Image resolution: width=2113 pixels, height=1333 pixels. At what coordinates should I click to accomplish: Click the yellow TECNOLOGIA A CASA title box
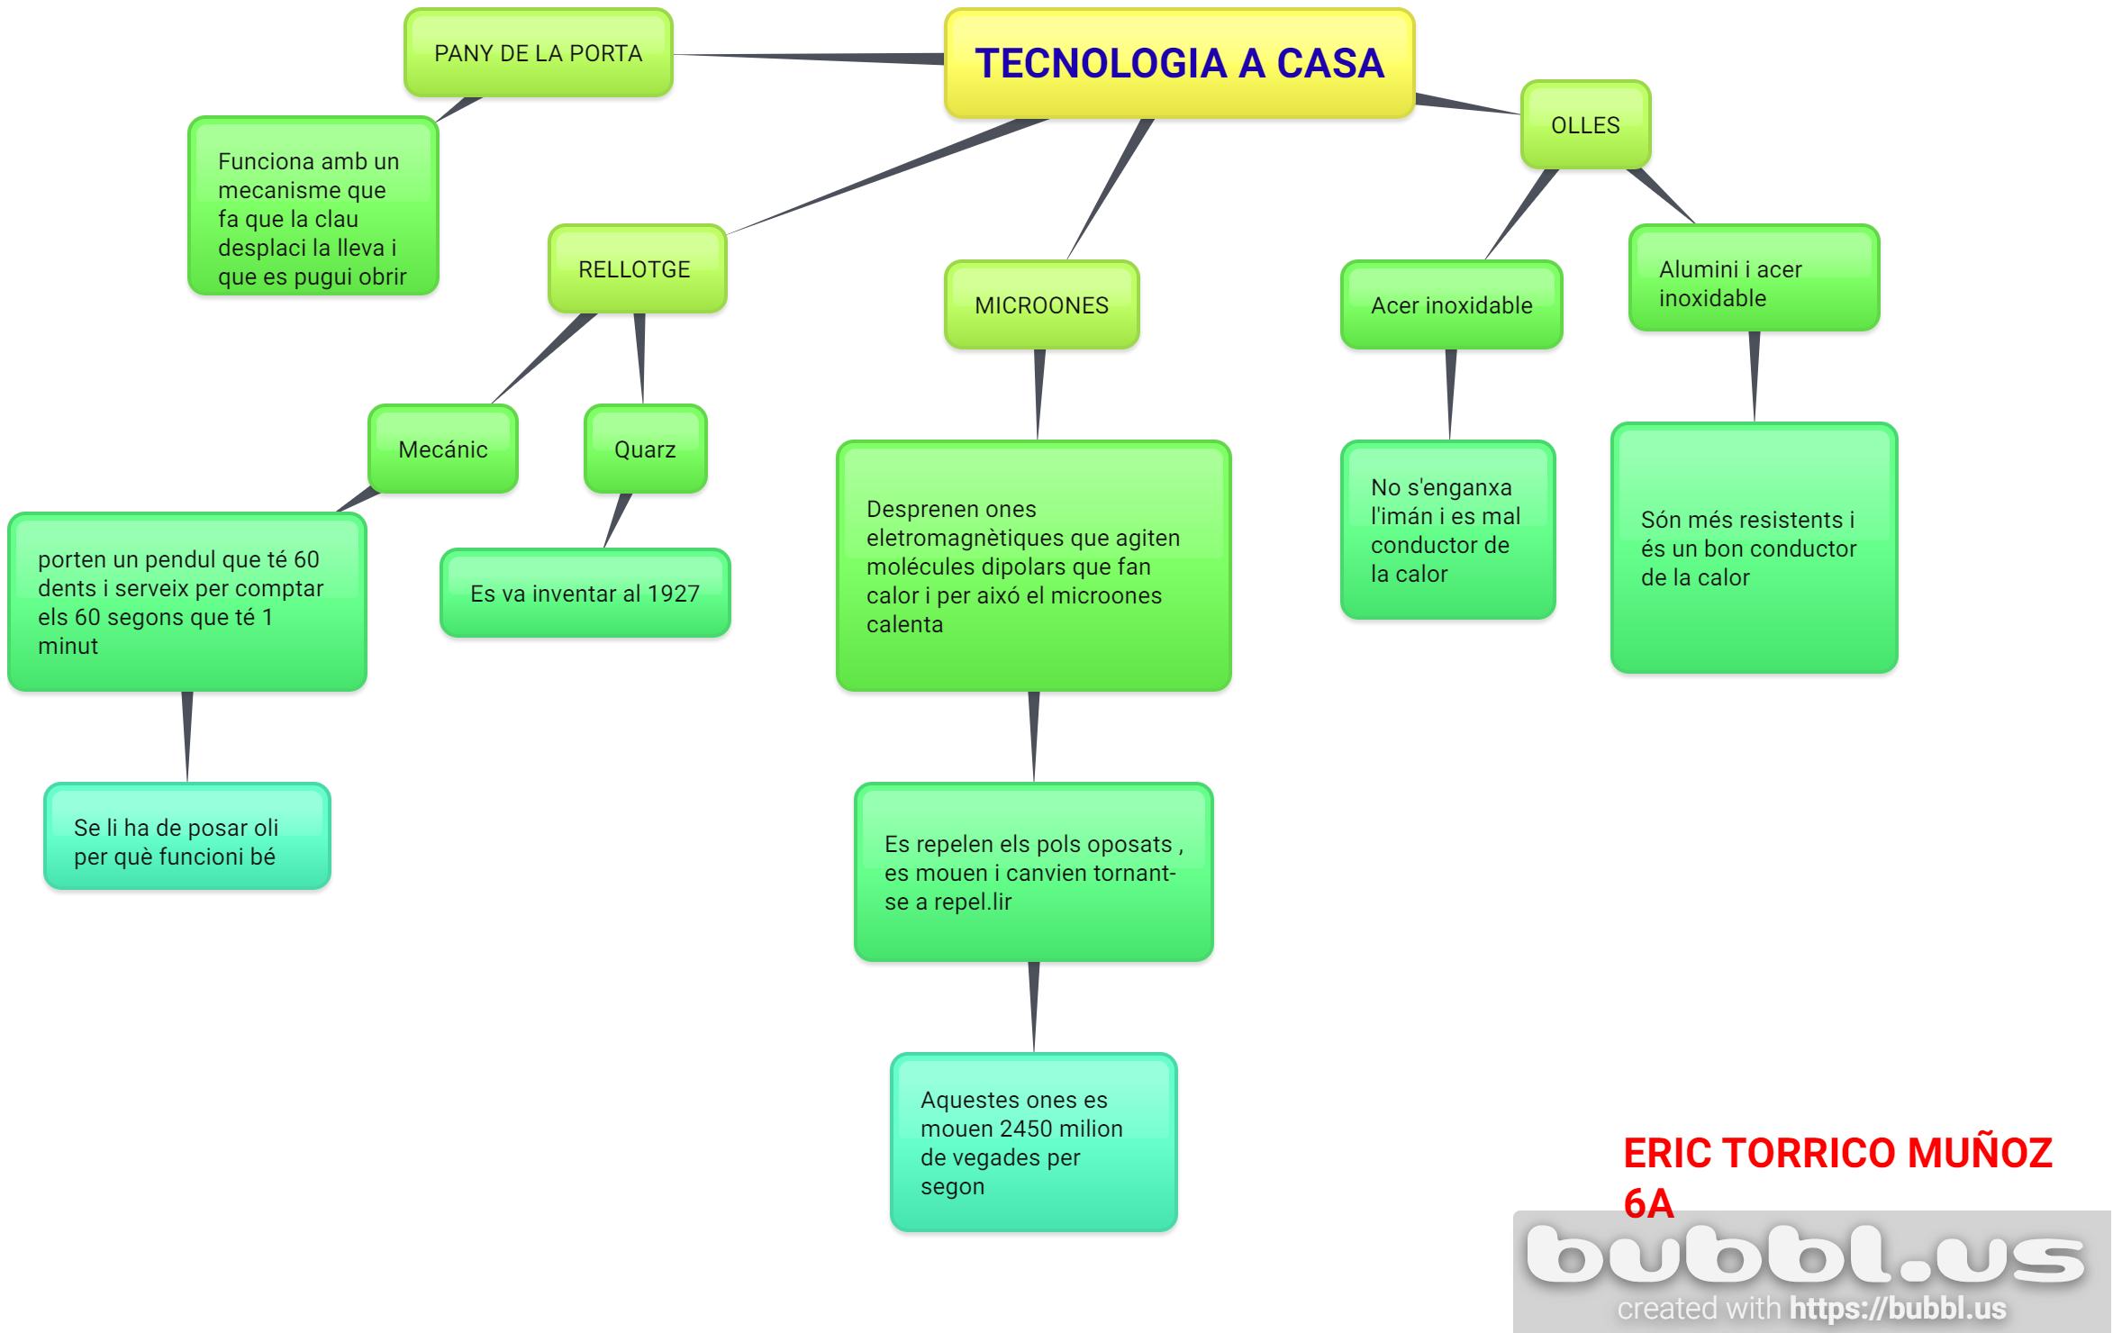pos(1179,63)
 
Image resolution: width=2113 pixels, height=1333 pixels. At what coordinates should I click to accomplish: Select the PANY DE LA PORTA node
pos(538,53)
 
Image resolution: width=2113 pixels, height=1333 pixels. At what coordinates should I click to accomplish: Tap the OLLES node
pos(1585,125)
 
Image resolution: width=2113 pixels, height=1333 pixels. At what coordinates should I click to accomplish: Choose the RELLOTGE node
pos(637,269)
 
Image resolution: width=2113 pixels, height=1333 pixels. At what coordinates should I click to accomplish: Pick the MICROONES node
pos(1041,305)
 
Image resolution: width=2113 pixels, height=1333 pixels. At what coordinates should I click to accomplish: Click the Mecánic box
pos(442,449)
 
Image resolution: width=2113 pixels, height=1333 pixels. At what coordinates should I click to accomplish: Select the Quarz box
pos(645,449)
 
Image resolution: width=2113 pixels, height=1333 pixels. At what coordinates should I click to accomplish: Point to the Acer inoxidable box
pos(1451,305)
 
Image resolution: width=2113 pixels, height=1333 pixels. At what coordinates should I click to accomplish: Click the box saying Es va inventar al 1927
pos(585,594)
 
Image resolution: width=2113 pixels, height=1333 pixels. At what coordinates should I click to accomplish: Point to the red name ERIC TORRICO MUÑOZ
pos(1837,1154)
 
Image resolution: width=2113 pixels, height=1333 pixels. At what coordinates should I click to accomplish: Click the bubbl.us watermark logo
pos(1805,1255)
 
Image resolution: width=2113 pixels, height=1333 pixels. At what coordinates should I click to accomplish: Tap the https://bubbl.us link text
pos(1898,1308)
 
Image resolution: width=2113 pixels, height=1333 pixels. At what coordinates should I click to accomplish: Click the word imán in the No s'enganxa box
pos(1414,516)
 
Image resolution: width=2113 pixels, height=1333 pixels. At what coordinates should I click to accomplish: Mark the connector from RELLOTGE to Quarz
pos(640,358)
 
